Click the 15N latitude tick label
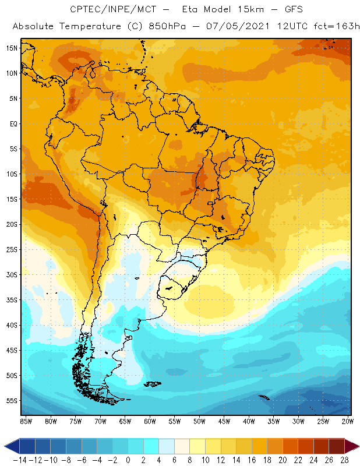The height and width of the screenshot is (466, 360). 12,48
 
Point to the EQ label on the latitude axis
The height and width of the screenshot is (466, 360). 13,123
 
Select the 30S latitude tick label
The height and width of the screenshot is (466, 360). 12,274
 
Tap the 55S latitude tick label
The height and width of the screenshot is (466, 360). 12,401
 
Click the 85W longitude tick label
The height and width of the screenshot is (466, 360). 26,421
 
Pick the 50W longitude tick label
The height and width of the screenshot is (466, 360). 200,421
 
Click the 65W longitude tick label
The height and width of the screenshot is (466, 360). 125,421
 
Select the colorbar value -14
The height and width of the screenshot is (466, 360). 20,460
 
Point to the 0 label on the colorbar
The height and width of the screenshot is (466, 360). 128,460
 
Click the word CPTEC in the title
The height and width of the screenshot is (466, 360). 86,10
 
